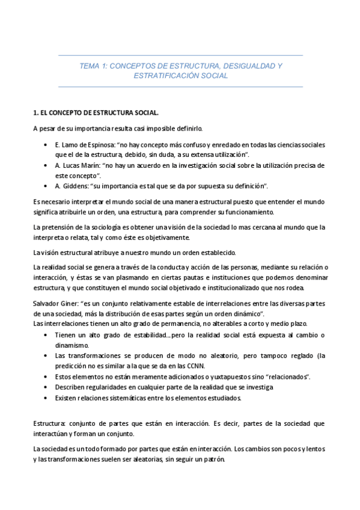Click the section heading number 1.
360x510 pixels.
click(35, 112)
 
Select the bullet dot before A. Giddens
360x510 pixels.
click(46, 185)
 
